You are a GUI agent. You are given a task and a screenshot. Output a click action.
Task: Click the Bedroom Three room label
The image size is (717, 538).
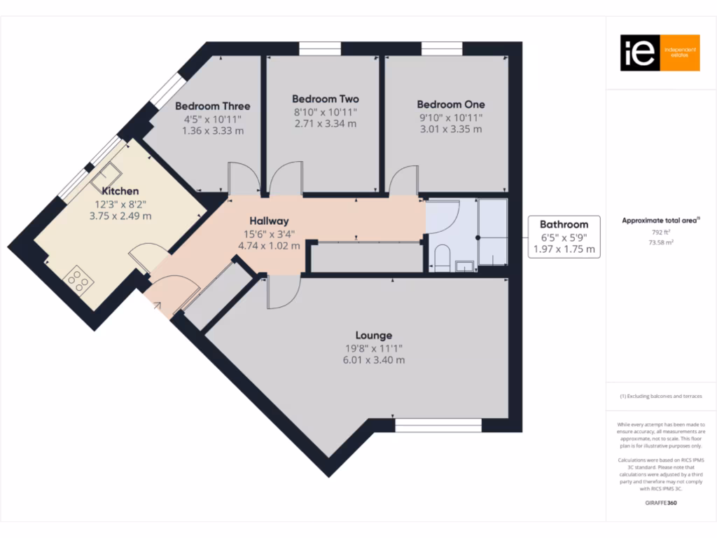point(212,106)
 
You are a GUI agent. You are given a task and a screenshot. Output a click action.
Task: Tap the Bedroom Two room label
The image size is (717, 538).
point(325,99)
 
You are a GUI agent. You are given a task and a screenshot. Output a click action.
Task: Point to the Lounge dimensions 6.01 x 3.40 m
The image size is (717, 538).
point(373,360)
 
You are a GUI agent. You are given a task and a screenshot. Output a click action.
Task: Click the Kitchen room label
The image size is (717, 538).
point(120,191)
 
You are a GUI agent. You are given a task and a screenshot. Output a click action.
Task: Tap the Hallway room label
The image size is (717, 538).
point(269,221)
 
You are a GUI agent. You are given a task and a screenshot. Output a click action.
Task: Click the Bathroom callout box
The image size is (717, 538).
point(564,236)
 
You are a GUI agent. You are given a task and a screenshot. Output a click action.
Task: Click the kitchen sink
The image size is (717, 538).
point(106,176)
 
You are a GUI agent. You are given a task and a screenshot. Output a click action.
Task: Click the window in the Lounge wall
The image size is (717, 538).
point(438,425)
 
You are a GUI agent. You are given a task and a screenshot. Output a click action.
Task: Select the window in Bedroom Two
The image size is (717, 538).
point(319,48)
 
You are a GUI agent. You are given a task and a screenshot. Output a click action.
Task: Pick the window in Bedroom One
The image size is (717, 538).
point(442,48)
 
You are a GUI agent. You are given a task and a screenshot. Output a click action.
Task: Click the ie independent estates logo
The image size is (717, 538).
point(660,53)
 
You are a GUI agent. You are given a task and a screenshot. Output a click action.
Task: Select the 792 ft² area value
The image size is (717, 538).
point(660,232)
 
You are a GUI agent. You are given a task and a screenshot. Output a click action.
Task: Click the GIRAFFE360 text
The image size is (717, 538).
point(660,502)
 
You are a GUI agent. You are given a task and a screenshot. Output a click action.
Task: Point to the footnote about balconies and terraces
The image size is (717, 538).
point(660,396)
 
